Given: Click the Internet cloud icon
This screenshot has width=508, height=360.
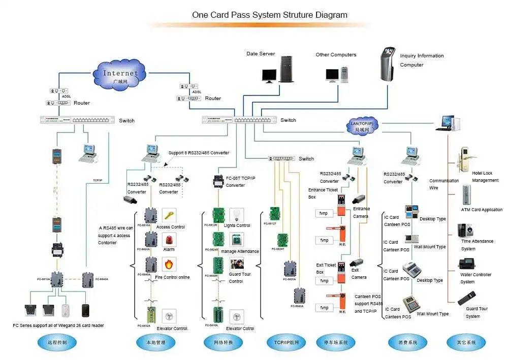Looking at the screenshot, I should (121, 75).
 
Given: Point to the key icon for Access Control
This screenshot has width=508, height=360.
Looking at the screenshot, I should (169, 215).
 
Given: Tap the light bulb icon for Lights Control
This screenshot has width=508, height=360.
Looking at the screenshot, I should (236, 214).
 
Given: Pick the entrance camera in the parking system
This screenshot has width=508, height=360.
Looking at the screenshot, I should (359, 199).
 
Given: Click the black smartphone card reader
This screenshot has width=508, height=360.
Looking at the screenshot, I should (86, 310).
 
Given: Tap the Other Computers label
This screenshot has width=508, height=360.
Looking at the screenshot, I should (336, 55).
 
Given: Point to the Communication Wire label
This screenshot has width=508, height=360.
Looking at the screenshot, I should (443, 184).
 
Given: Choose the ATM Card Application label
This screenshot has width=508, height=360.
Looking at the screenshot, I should (482, 210).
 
